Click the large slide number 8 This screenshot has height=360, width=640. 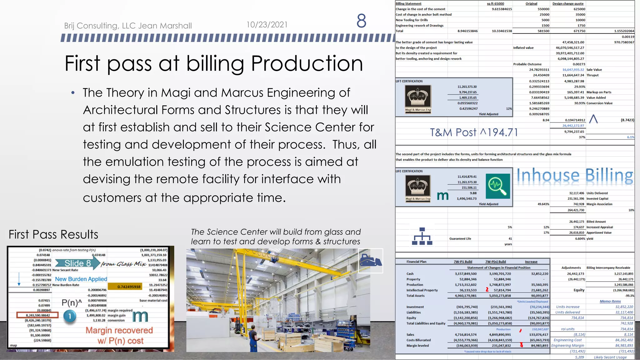point(361,21)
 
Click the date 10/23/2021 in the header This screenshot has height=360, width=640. point(267,25)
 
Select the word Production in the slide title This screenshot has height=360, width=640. point(307,63)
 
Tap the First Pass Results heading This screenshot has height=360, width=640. point(53,234)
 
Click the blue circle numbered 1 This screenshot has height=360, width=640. point(70,316)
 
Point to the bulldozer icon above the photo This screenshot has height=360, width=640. point(370,260)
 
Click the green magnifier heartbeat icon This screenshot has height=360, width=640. point(497,186)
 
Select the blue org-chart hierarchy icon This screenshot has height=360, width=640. point(422,236)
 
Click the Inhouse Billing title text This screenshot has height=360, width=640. point(575,176)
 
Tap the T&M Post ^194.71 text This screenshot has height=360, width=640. point(474,132)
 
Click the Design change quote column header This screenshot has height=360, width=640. point(568,4)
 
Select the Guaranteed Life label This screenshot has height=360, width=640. point(460,239)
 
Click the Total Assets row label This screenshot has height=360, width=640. point(415,296)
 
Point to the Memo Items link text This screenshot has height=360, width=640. point(610,301)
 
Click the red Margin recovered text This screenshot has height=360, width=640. point(119,330)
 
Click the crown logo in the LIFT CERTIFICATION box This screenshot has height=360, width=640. point(418,97)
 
